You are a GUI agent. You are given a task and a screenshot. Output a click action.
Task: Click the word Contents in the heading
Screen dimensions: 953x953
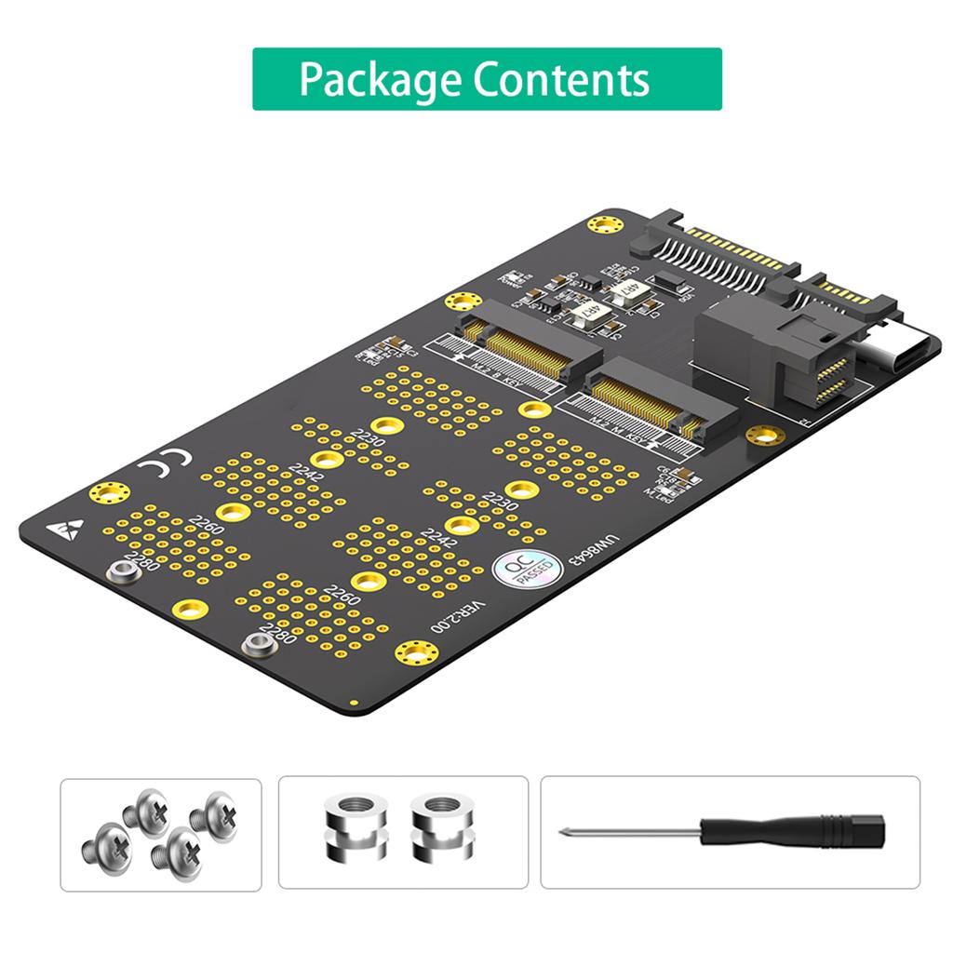561,80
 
